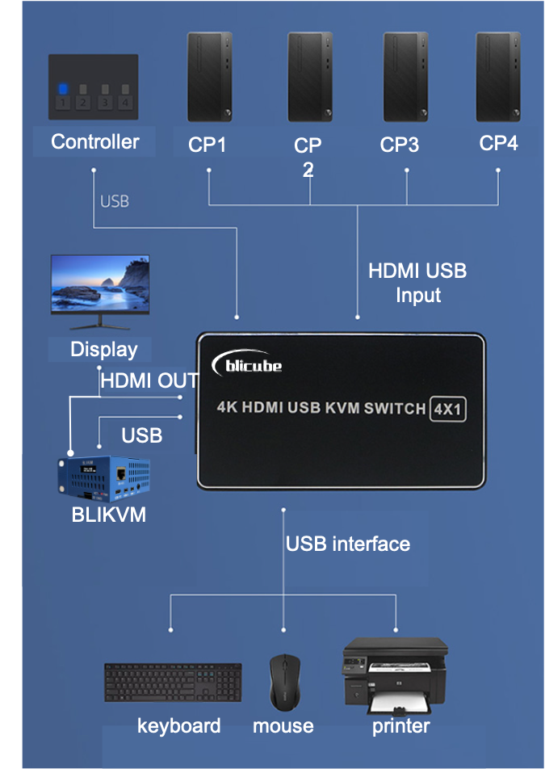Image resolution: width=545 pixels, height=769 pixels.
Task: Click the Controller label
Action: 94,142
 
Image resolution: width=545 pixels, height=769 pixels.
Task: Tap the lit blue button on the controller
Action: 63,90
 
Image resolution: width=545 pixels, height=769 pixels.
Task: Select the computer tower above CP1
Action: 209,78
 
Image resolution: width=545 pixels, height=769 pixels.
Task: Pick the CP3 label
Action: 400,145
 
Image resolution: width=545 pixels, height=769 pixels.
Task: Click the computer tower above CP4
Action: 497,78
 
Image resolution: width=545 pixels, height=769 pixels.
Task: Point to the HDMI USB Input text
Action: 417,283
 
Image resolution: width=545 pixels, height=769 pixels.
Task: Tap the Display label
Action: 103,350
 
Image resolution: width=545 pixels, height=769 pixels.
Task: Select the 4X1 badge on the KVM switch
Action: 446,409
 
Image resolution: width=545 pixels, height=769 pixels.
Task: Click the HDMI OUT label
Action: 149,380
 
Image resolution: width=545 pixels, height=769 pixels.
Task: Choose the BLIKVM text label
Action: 109,515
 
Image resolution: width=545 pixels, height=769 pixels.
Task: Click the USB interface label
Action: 347,544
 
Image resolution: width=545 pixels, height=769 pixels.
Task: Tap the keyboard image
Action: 173,683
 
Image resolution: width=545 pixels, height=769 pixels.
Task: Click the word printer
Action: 400,726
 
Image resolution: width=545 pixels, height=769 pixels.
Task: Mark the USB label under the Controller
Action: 115,201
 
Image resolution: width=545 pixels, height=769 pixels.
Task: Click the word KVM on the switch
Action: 342,409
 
